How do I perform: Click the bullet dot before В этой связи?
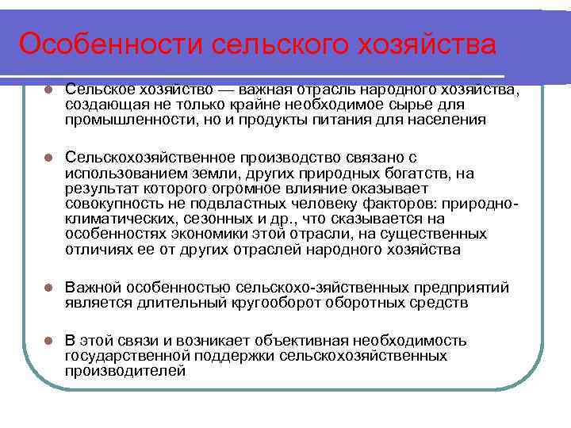(48, 342)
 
